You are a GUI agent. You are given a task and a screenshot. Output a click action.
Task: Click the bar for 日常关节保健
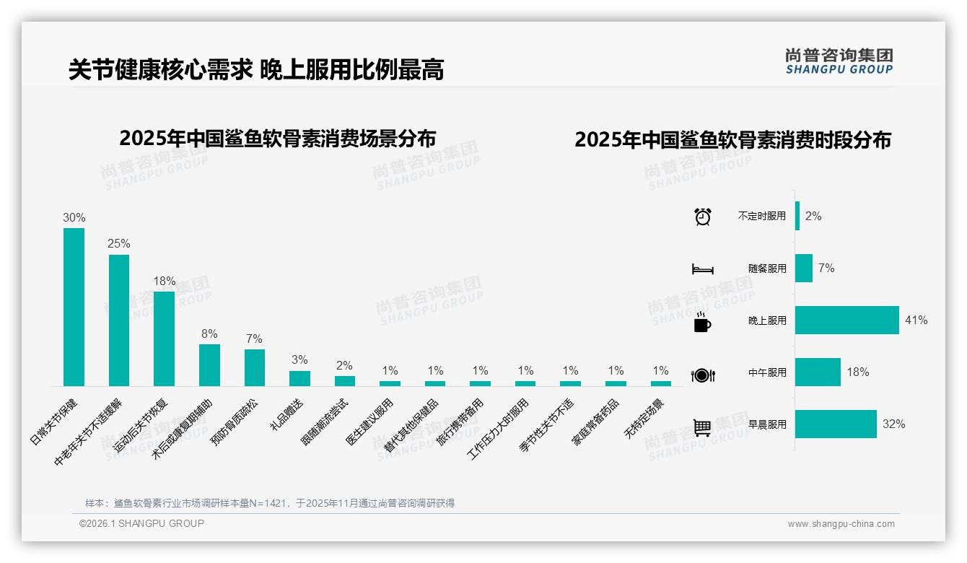[x=74, y=307]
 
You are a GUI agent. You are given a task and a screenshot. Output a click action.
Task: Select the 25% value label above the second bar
[x=119, y=244]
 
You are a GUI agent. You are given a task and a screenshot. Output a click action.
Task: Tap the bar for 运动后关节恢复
[x=164, y=339]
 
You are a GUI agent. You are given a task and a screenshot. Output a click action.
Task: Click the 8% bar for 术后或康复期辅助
[x=209, y=365]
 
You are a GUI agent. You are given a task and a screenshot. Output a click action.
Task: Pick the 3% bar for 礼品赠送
[x=299, y=378]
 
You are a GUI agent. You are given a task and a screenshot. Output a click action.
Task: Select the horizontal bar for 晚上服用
[x=846, y=320]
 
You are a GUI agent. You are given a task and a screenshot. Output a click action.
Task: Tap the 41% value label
[x=916, y=320]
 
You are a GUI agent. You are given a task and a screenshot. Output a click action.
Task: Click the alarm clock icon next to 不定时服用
[x=702, y=217]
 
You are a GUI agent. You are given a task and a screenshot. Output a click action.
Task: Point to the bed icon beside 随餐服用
[x=702, y=269]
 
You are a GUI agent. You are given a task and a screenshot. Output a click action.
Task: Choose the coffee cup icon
[x=702, y=323]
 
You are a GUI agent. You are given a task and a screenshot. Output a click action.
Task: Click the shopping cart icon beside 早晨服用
[x=702, y=427]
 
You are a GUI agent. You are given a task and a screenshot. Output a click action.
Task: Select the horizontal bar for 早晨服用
[x=836, y=424]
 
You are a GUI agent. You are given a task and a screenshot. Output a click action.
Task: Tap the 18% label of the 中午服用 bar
[x=858, y=372]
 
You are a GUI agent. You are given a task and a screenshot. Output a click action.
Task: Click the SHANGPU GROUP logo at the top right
[x=839, y=61]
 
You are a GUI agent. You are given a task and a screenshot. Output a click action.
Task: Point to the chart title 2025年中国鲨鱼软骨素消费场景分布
[x=278, y=138]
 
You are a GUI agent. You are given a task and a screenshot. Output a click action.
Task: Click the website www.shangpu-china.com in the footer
[x=841, y=524]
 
